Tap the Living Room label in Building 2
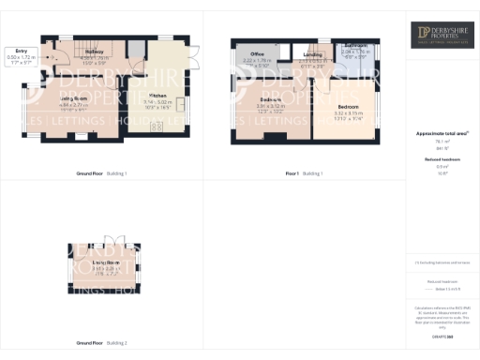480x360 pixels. (x=104, y=267)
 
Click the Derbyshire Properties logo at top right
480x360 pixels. (x=441, y=36)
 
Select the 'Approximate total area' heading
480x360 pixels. (x=441, y=134)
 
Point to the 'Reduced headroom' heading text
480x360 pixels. (x=441, y=160)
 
